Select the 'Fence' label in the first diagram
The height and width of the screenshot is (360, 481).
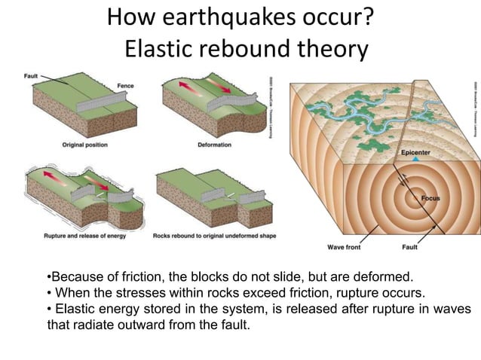125,87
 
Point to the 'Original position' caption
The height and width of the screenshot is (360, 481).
85,145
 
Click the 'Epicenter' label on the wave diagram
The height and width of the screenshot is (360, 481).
416,151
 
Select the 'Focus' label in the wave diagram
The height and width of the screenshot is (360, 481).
430,198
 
